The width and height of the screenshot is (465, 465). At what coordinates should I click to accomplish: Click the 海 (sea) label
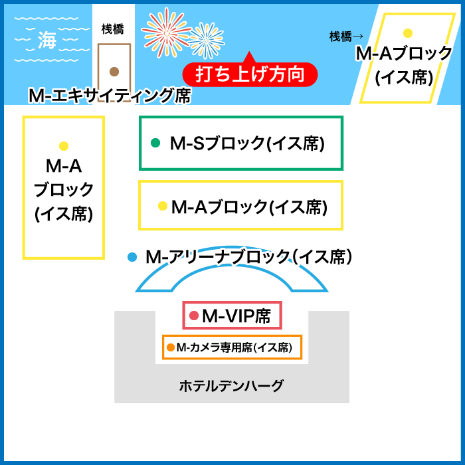(46, 40)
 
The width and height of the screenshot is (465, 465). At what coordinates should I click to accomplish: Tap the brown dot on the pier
(114, 71)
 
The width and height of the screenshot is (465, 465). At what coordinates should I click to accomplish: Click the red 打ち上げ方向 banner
(250, 74)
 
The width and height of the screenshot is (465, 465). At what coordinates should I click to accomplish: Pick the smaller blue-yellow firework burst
(206, 40)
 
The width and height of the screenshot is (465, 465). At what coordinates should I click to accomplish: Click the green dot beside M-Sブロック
(156, 142)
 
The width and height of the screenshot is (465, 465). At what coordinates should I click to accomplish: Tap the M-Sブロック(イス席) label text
(247, 143)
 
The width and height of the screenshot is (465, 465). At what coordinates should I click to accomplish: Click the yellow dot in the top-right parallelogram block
(408, 33)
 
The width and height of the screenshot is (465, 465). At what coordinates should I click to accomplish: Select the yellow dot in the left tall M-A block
(64, 146)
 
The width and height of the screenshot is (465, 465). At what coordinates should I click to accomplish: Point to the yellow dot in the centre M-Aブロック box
(162, 207)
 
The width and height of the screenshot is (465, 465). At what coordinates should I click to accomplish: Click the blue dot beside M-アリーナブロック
(132, 256)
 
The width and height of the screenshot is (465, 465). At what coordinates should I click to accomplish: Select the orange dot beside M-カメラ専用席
(171, 347)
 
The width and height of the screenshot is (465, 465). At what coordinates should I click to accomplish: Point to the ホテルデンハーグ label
(231, 385)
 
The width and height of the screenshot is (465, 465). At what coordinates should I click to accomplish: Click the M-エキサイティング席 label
(110, 96)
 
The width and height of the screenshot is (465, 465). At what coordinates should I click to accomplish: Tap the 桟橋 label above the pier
(112, 29)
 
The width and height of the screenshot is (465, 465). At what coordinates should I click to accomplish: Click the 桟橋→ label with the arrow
(347, 37)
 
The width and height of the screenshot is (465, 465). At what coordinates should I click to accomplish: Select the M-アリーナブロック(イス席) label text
(248, 256)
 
